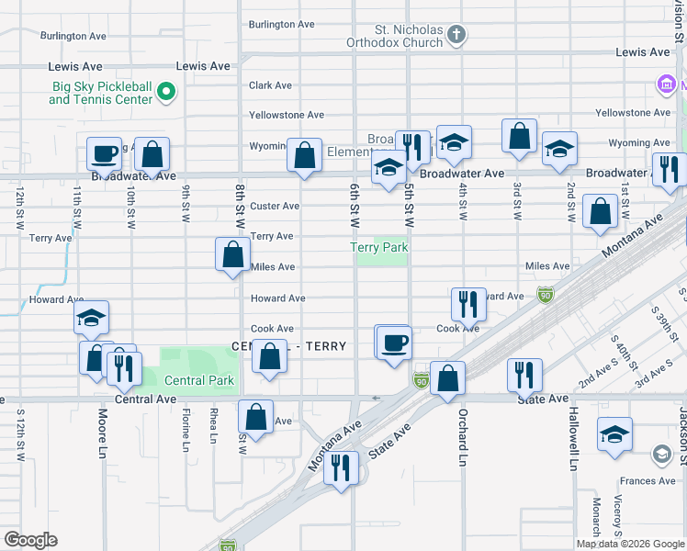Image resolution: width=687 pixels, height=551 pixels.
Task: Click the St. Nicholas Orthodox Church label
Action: tap(395, 35)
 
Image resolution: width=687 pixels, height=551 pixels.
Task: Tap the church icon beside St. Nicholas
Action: tap(456, 35)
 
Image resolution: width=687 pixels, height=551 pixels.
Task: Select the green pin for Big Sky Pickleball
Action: tap(166, 90)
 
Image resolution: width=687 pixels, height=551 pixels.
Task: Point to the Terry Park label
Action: tap(378, 247)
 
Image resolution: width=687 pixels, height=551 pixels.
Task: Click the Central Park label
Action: tap(199, 380)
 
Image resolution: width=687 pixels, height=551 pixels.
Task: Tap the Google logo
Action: tap(30, 540)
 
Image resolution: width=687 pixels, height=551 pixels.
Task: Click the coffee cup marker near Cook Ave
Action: tap(395, 343)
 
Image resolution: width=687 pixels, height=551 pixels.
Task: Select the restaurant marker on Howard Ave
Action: tap(469, 303)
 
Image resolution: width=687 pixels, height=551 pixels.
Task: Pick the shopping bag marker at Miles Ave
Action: tap(233, 253)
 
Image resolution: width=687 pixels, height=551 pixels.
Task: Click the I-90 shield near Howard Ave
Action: tap(546, 295)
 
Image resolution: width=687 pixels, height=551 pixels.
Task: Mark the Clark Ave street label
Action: tap(270, 85)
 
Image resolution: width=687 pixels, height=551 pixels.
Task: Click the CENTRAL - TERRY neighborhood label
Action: tap(289, 346)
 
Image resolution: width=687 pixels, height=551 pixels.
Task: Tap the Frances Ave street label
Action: tap(647, 480)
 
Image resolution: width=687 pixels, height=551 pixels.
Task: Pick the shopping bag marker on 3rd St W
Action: tap(519, 136)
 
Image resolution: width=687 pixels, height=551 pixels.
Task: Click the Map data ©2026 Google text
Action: tap(631, 543)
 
